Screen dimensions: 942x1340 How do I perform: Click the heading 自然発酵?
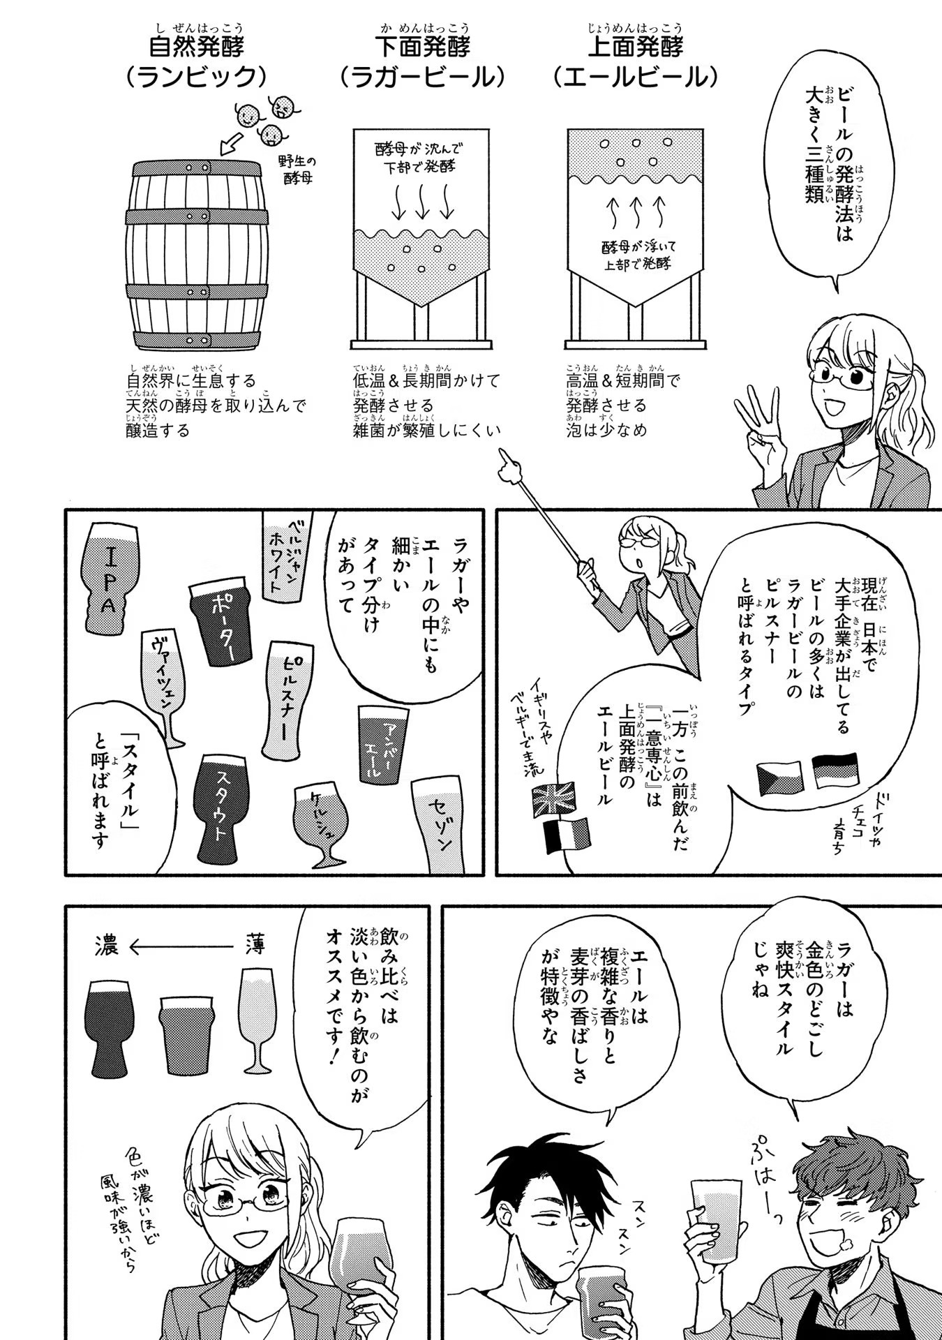click(x=196, y=47)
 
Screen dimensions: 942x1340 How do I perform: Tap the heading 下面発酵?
click(x=423, y=47)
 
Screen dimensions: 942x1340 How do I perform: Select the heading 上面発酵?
click(x=635, y=47)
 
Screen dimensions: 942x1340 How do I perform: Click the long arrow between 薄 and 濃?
click(x=180, y=947)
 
